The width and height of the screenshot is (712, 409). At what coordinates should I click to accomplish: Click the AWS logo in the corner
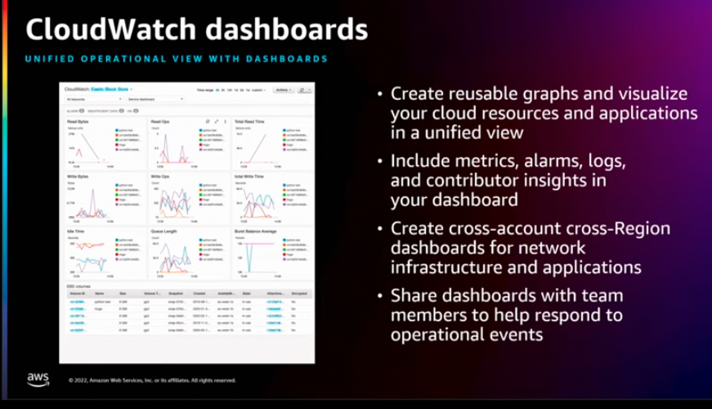(38, 378)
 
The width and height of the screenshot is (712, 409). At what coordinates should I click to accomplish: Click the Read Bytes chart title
(78, 120)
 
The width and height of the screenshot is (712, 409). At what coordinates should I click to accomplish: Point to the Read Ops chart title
(160, 120)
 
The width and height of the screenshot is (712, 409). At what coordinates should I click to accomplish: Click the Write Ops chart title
(161, 175)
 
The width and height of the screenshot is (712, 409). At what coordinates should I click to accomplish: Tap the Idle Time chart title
(77, 231)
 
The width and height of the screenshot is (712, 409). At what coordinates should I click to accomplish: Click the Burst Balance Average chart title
(257, 231)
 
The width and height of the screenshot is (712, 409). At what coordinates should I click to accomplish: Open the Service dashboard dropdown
(152, 98)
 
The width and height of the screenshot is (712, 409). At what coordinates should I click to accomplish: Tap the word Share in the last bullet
(415, 297)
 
